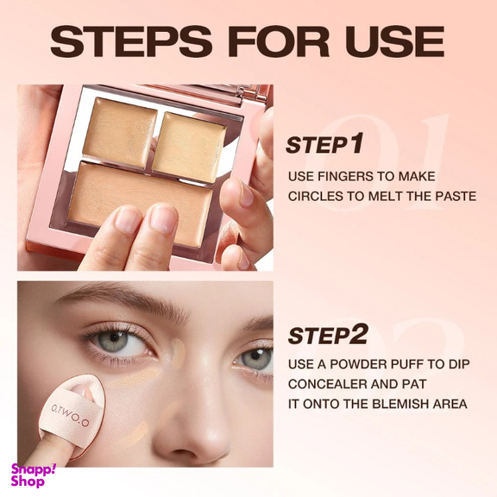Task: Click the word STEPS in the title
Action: point(131,41)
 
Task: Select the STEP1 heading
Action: point(324,144)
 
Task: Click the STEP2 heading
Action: point(328,335)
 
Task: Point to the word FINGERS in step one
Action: point(345,176)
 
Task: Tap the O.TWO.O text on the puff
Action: point(70,415)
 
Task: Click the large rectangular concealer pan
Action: point(141,204)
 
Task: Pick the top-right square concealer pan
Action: point(189,148)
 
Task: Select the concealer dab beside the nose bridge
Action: point(179,353)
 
